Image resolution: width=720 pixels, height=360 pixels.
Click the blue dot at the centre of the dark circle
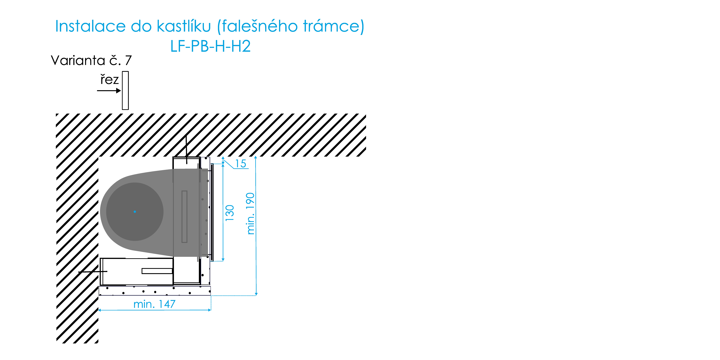pyautogui.click(x=135, y=212)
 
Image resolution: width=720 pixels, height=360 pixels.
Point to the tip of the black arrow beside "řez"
pyautogui.click(x=121, y=91)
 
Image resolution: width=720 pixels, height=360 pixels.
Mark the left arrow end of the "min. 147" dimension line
pyautogui.click(x=99, y=310)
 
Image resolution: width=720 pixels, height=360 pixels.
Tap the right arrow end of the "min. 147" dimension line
pyautogui.click(x=211, y=310)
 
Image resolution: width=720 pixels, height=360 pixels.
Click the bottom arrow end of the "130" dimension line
pyautogui.click(x=223, y=261)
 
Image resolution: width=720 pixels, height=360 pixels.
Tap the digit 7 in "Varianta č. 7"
pyautogui.click(x=128, y=60)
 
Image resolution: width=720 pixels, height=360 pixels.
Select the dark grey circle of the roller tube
pyautogui.click(x=135, y=212)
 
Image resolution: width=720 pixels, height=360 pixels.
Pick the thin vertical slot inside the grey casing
pyautogui.click(x=184, y=217)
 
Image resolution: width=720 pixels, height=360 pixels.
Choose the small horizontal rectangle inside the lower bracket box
pyautogui.click(x=157, y=271)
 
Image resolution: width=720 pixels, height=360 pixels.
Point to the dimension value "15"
pyautogui.click(x=241, y=164)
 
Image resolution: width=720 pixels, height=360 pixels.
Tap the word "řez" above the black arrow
pyautogui.click(x=110, y=79)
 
